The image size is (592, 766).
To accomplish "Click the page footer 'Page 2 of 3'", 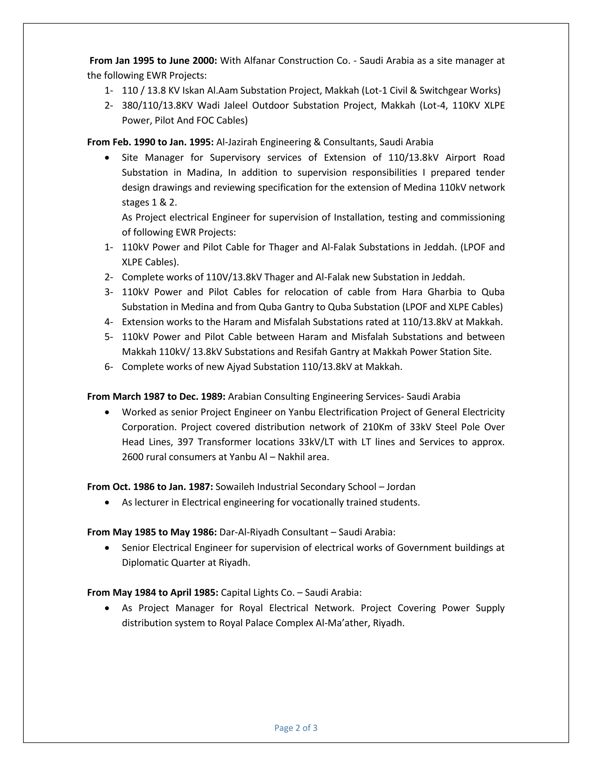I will tap(296, 728).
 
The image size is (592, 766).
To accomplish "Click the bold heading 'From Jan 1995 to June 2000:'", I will tap(153, 61).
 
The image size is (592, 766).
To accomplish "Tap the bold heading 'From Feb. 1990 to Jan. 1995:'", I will tap(150, 142).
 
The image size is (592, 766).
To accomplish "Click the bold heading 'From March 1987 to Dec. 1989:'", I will tap(156, 396).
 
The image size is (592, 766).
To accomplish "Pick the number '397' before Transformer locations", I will tap(185, 442).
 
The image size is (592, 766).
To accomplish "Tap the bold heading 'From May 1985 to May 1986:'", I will tap(152, 532).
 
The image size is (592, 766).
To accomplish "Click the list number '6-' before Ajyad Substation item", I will tap(109, 367).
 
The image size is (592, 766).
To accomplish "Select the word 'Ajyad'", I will tap(238, 367).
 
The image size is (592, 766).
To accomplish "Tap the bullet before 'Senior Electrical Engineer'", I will tap(107, 548).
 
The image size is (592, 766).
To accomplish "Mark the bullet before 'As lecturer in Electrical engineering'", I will tap(107, 503).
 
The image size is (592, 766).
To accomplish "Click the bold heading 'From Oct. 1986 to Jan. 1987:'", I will tap(150, 487).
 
